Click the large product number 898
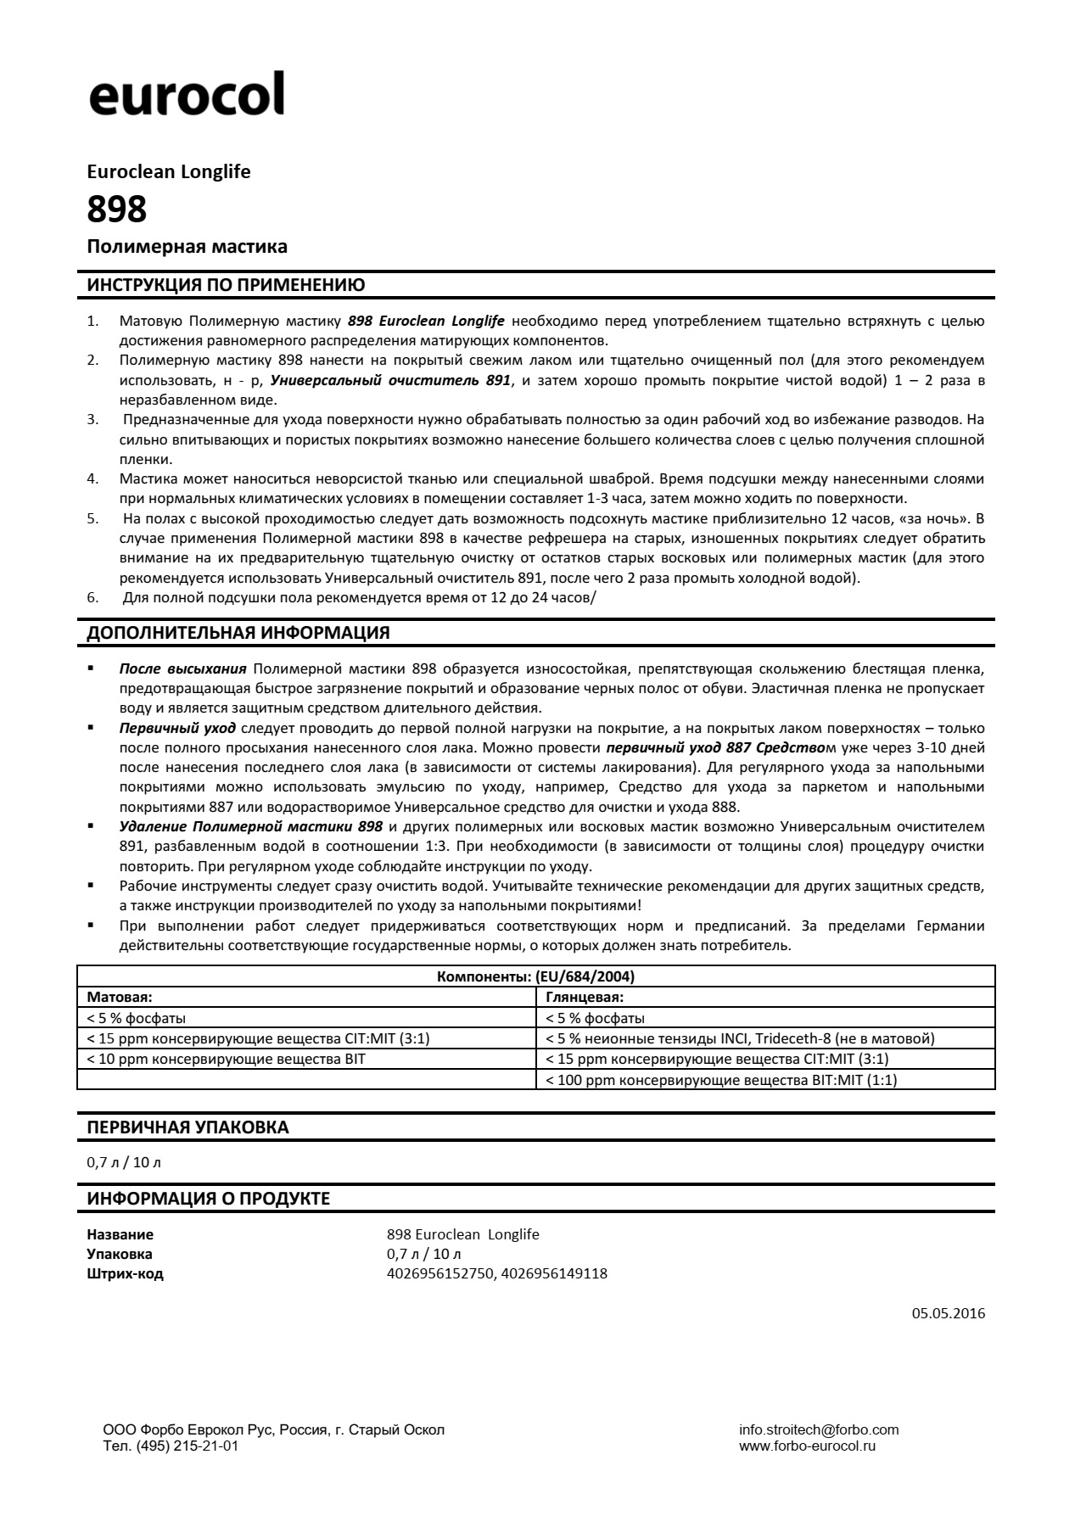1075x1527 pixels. click(117, 209)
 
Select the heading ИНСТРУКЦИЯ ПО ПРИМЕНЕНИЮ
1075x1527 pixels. click(226, 285)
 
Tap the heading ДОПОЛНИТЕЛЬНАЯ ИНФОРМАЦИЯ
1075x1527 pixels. click(238, 633)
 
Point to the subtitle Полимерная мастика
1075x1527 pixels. click(187, 247)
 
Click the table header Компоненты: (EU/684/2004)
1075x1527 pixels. click(535, 976)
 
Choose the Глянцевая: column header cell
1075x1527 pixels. click(585, 997)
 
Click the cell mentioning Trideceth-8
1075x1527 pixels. click(740, 1038)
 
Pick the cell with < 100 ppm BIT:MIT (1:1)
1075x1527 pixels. click(721, 1080)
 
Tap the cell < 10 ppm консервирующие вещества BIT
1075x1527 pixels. click(227, 1059)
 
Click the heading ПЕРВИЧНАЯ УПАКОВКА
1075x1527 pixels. click(188, 1127)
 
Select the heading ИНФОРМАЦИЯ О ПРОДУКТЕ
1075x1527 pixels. click(209, 1199)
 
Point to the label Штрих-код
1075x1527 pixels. click(125, 1273)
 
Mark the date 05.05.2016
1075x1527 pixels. click(949, 1313)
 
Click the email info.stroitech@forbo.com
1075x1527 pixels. click(819, 1429)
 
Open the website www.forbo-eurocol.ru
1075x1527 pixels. click(807, 1446)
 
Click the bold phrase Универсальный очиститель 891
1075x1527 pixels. click(390, 381)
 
